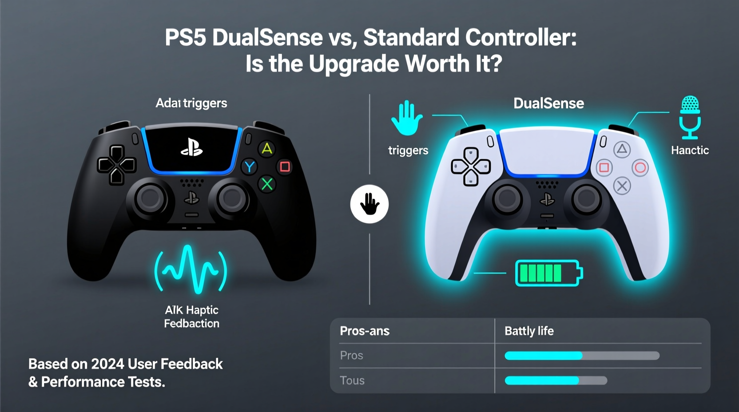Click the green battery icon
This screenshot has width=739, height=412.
tap(548, 273)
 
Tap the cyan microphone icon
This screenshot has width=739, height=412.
tap(690, 117)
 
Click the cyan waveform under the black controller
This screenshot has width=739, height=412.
tap(191, 269)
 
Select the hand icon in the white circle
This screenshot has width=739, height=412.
tap(369, 204)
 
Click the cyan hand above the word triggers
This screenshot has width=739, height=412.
tap(406, 118)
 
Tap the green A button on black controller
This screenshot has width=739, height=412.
tap(267, 148)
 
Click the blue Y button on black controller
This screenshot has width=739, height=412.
tap(250, 167)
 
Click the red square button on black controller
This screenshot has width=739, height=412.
tap(285, 167)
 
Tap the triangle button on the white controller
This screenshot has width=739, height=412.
tap(622, 150)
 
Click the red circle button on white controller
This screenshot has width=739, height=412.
tap(640, 168)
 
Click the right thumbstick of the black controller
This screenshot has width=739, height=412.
tap(232, 198)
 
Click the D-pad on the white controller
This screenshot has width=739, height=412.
tap(471, 166)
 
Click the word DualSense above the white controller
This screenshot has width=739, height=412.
tap(548, 103)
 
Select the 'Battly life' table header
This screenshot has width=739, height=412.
tap(529, 331)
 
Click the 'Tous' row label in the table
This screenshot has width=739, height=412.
tap(352, 380)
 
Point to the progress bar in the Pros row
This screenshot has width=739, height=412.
tap(582, 356)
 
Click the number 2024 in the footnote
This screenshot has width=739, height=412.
tap(107, 364)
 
